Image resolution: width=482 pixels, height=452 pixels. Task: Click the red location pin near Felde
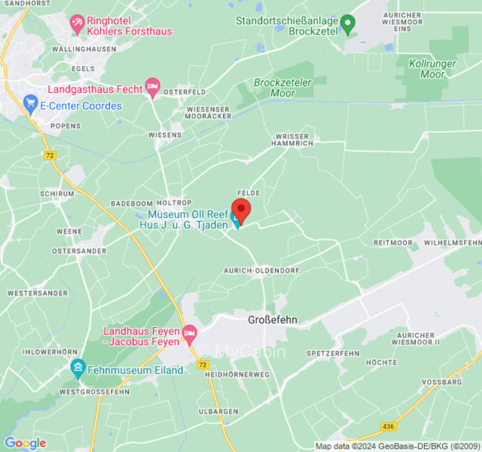(241, 211)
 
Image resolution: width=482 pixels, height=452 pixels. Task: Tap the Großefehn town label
(272, 320)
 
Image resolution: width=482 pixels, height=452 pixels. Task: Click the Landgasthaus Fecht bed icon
(152, 86)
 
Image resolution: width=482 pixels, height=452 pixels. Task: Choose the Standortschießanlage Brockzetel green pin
(349, 23)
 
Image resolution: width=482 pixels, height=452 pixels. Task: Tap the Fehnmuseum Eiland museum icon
(78, 368)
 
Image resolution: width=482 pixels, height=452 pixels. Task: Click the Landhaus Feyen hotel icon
(189, 333)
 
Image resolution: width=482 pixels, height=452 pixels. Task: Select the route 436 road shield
(388, 426)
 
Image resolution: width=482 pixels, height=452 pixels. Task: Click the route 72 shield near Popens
(51, 155)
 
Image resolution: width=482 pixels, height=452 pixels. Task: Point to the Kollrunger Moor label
(433, 69)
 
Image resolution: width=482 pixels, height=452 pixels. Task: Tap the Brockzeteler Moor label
(283, 88)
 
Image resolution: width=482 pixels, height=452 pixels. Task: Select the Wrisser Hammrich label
(292, 140)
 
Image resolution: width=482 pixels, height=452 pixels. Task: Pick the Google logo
(25, 443)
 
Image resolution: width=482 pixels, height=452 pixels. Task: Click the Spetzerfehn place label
(333, 353)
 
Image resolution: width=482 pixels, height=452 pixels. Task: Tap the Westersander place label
(37, 293)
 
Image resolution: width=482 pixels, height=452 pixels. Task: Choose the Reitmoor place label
(393, 242)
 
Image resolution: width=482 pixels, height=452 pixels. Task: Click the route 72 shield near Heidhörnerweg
(203, 365)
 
